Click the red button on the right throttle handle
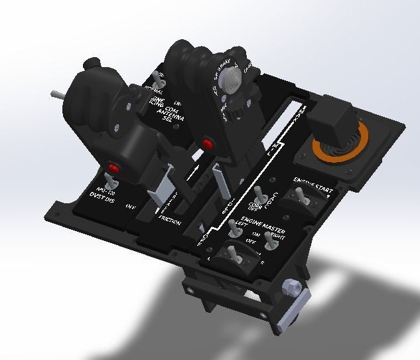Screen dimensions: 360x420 [207, 144]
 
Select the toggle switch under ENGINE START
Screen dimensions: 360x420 [304, 198]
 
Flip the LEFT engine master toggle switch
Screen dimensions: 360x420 [233, 228]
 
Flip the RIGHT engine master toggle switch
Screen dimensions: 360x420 [271, 242]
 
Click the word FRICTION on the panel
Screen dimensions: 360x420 [170, 223]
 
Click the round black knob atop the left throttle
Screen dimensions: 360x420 [92, 64]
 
